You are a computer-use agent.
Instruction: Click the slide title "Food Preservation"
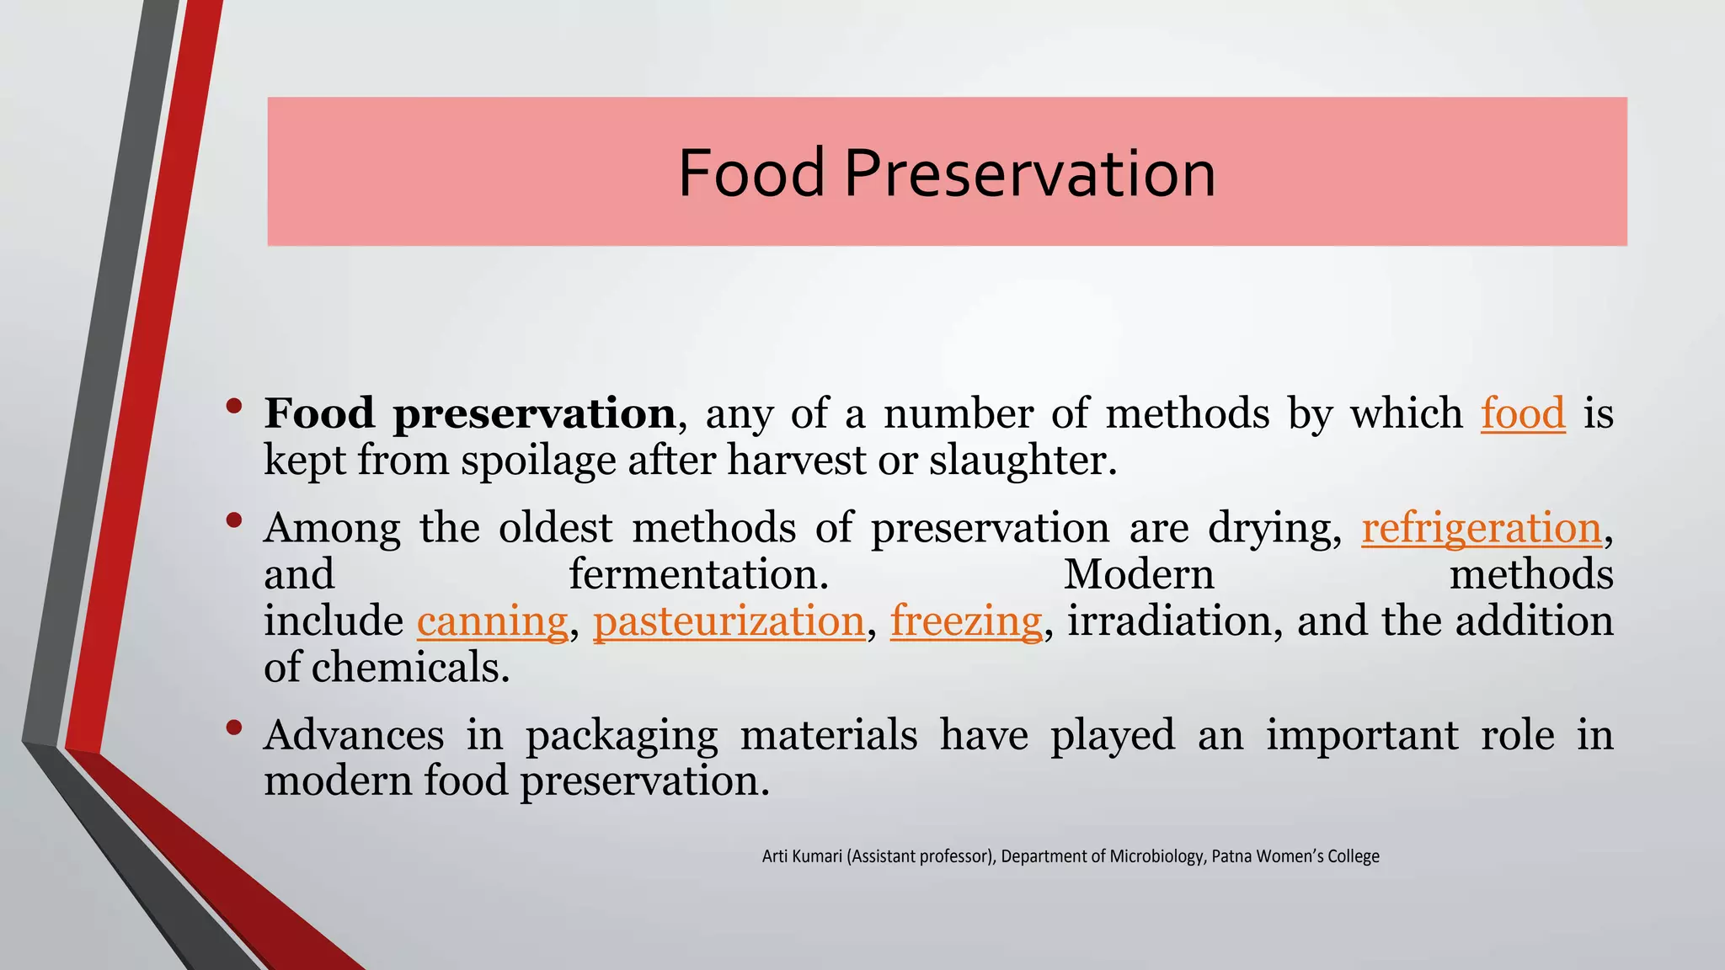(947, 173)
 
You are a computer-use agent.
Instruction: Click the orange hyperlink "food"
(1523, 413)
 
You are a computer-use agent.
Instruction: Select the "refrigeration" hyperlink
(1481, 529)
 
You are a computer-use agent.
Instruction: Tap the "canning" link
(492, 621)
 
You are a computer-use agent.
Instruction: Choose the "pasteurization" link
(729, 621)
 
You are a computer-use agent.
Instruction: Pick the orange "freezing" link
(966, 621)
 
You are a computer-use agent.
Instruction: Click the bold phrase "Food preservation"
(469, 413)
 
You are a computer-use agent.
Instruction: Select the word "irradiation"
(1169, 621)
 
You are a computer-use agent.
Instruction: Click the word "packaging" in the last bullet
(622, 735)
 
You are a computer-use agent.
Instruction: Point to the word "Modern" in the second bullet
(1139, 574)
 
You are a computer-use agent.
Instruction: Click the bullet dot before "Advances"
(234, 727)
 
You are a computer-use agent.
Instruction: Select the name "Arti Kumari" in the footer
(802, 856)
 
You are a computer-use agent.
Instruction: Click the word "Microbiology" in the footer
(1156, 856)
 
